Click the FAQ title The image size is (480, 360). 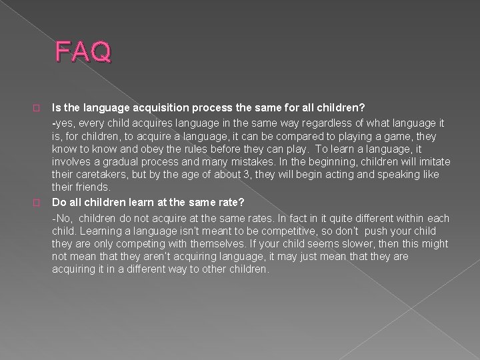click(x=84, y=51)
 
